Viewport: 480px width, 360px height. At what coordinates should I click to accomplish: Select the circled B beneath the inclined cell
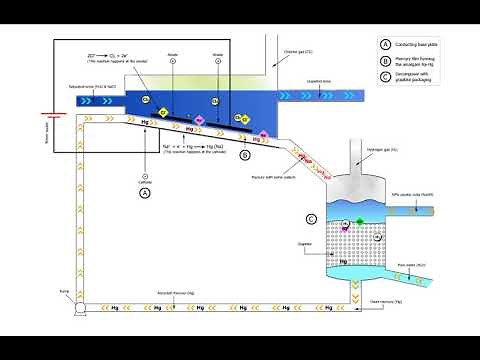(246, 155)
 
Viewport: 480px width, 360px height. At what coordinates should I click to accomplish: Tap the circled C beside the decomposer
(311, 218)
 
